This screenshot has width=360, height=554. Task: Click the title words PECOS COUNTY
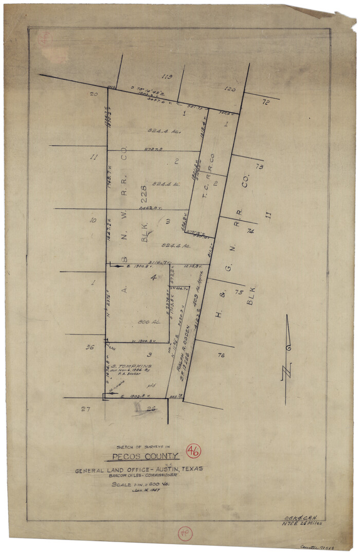146,456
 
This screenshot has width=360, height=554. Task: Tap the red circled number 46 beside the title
193,452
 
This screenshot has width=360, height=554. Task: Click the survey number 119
166,77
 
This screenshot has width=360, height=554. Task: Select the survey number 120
230,89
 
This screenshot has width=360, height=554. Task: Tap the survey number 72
265,103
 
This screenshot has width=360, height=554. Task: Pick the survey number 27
85,409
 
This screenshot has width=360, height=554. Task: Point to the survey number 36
89,347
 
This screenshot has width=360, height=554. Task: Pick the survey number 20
94,94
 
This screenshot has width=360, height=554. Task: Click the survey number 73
259,167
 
